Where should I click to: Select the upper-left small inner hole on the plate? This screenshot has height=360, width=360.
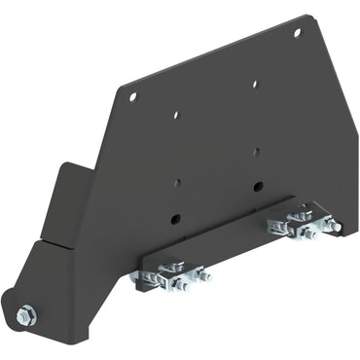click(x=176, y=114)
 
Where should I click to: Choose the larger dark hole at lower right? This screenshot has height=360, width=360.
click(x=257, y=185)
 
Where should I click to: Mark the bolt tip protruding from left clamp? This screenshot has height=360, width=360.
click(x=206, y=277)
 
